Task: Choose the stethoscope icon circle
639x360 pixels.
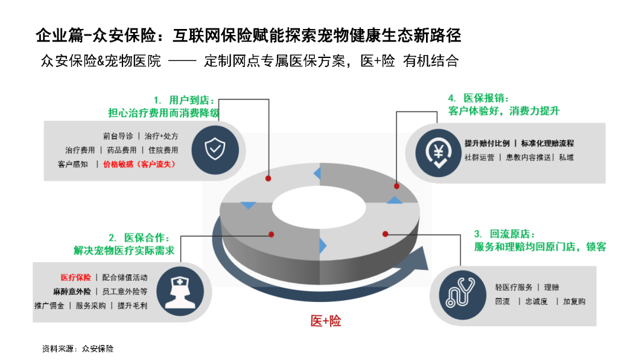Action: pos(460,294)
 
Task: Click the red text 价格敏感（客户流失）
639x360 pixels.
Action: pos(140,164)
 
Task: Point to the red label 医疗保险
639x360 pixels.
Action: pos(76,277)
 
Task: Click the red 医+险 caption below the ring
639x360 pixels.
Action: pos(326,322)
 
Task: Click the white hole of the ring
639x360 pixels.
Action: pos(319,204)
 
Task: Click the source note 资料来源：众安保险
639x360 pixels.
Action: pos(78,349)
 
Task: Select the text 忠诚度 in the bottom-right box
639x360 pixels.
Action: pos(537,301)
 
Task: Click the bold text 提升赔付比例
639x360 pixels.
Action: pos(486,143)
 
